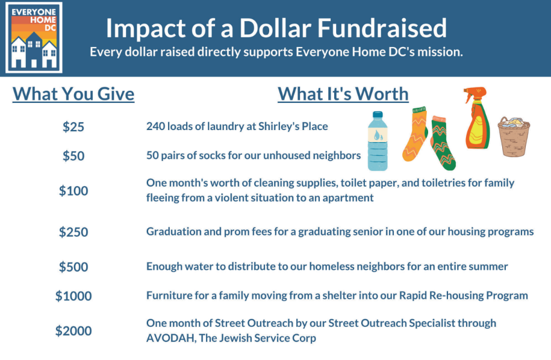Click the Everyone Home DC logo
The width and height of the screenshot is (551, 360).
pyautogui.click(x=34, y=37)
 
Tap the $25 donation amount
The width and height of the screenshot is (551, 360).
pyautogui.click(x=73, y=126)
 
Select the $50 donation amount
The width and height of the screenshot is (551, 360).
pyautogui.click(x=73, y=155)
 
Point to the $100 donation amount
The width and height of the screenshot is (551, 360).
pyautogui.click(x=73, y=191)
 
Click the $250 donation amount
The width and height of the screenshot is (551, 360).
pyautogui.click(x=73, y=232)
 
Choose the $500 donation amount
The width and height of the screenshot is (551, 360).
pyautogui.click(x=73, y=267)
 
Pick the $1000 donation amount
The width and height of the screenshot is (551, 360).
pyautogui.click(x=73, y=296)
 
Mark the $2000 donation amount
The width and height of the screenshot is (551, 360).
pyautogui.click(x=73, y=331)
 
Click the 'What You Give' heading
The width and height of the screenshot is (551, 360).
pyautogui.click(x=73, y=94)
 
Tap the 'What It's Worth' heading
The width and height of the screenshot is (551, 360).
pyautogui.click(x=343, y=94)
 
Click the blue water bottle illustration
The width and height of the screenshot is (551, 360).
pyautogui.click(x=378, y=141)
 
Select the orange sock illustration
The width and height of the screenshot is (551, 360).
pyautogui.click(x=416, y=134)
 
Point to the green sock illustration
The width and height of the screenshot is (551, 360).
pyautogui.click(x=443, y=143)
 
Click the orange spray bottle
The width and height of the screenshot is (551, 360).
pyautogui.click(x=477, y=118)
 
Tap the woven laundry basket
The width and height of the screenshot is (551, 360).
pyautogui.click(x=514, y=137)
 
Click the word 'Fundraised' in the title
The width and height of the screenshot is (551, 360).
pyautogui.click(x=382, y=28)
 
